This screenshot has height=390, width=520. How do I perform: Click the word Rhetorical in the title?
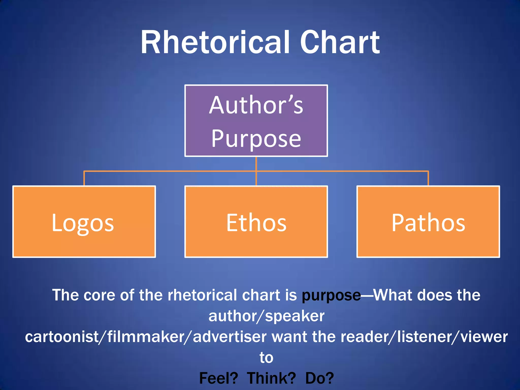point(215,42)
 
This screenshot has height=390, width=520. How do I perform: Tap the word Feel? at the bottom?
point(218,378)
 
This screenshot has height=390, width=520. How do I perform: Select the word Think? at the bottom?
point(271,378)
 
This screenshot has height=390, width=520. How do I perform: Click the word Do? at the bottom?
point(319,378)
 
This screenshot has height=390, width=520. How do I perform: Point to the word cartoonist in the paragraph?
point(62,337)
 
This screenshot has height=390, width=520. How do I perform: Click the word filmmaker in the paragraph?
point(146,337)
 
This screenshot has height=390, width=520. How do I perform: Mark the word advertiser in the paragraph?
point(230,337)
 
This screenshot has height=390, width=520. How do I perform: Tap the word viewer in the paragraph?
point(484,337)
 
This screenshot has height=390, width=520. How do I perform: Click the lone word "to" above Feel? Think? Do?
point(266,357)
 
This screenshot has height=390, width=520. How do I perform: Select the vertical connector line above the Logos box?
point(84,178)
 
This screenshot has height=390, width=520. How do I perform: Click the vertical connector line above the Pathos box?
point(428,178)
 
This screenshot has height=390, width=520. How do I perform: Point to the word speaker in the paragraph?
point(295,316)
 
